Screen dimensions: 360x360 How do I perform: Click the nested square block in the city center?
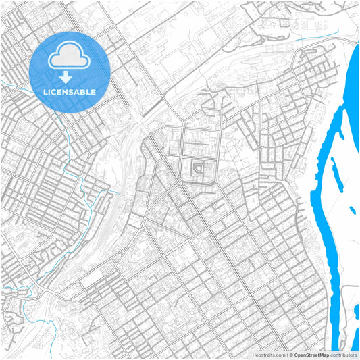199,167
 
